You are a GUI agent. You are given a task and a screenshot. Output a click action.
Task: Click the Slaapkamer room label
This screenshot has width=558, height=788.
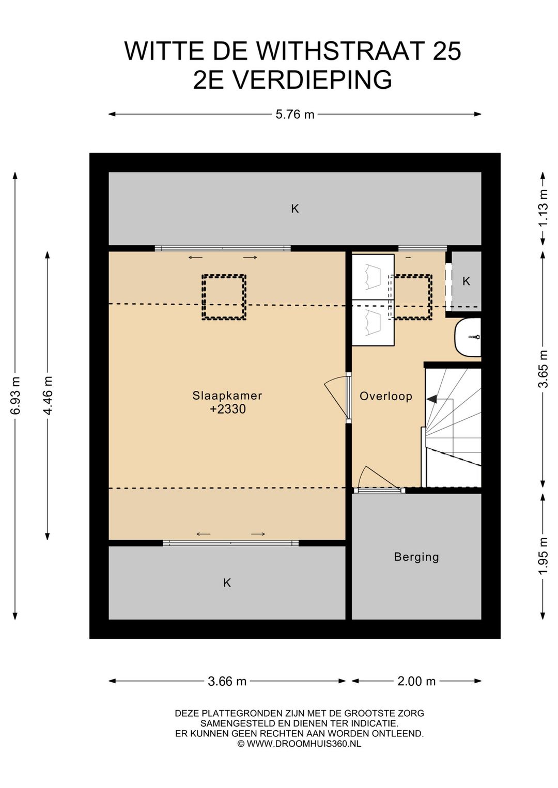227,396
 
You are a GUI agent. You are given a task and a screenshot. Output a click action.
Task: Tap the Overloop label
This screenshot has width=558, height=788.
386,397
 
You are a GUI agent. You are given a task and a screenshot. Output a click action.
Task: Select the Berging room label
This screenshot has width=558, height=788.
416,557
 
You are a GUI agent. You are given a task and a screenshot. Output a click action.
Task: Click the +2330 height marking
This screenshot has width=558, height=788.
227,409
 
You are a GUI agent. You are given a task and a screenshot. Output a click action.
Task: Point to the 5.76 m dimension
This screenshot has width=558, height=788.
295,114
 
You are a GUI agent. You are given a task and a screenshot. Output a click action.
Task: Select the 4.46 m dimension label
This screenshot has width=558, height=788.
48,396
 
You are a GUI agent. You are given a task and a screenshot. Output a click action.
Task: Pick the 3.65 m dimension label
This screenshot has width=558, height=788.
544,369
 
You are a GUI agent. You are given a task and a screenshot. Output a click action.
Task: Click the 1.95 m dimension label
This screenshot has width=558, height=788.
544,556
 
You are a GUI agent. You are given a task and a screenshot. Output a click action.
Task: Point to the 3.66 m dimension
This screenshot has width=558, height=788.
227,682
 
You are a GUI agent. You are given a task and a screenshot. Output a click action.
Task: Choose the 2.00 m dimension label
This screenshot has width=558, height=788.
416,682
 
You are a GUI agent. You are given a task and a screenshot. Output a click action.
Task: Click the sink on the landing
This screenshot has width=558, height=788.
468,337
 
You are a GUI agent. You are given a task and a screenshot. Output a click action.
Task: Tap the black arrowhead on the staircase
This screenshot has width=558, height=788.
431,399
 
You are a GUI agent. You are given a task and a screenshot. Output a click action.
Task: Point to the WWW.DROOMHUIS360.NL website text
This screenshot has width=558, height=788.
303,743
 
